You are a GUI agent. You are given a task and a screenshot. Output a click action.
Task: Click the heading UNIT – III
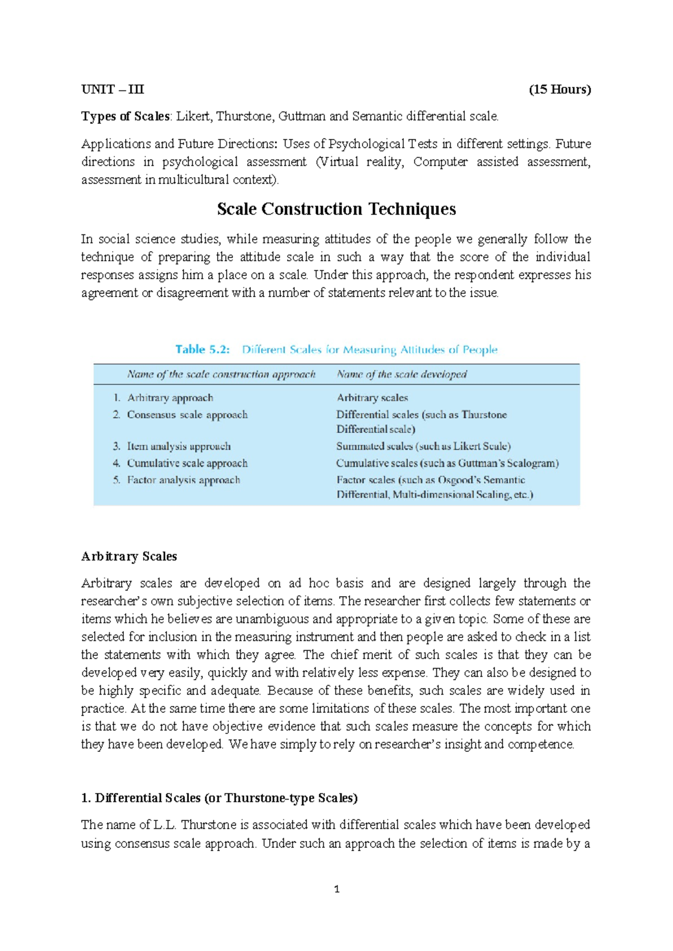tap(113, 89)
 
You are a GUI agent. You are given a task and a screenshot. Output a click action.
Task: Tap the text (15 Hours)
tap(560, 89)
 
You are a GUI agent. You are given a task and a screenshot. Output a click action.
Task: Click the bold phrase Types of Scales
tap(126, 116)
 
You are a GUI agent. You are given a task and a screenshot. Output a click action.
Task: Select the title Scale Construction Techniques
tap(336, 209)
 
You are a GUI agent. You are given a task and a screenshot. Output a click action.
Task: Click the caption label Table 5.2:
tap(202, 349)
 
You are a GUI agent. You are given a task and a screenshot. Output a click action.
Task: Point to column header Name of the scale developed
tap(402, 374)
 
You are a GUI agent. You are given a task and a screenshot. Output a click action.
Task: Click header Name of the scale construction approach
tap(221, 374)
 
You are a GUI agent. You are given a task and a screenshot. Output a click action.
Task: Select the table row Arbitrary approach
tap(170, 398)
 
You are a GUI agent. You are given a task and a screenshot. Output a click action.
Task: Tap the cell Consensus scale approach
tap(187, 414)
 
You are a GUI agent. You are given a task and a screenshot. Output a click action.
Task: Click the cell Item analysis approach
tap(179, 446)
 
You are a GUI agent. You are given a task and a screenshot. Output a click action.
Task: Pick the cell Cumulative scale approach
tap(187, 463)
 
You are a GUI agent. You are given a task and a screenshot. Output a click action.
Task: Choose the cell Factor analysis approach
tap(183, 480)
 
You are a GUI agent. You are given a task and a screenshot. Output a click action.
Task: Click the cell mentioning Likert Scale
tap(423, 446)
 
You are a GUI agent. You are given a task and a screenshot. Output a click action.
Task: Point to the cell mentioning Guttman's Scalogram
tap(448, 463)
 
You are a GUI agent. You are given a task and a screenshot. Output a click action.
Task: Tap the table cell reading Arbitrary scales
tap(372, 398)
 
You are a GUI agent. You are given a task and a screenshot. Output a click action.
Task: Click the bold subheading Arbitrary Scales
tap(129, 556)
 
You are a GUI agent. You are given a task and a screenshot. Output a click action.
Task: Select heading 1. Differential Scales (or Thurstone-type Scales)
tap(219, 798)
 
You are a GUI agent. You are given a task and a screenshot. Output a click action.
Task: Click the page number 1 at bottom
tap(336, 889)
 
